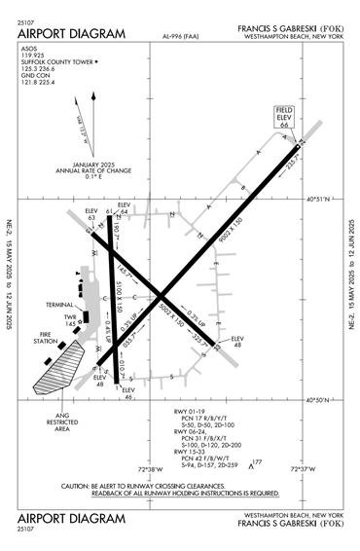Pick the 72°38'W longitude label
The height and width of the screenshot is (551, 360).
pos(135,469)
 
